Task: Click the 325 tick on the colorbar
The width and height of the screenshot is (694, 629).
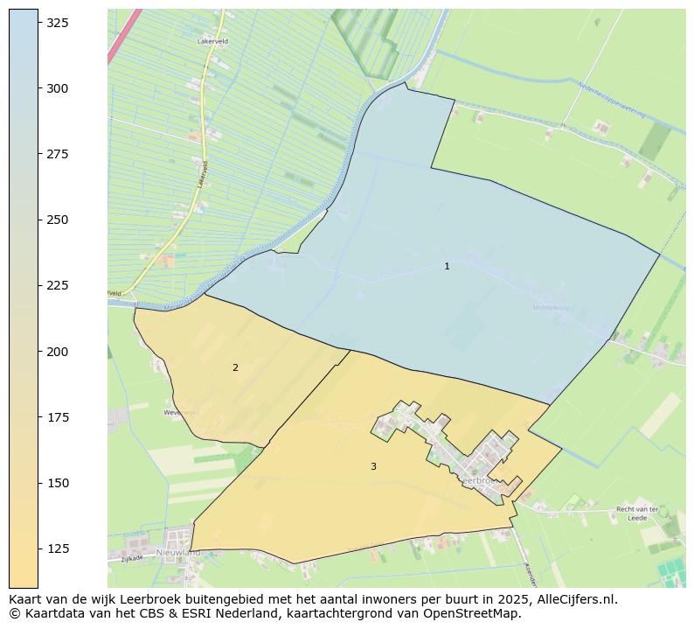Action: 58,23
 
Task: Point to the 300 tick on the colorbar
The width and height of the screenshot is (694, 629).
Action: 58,88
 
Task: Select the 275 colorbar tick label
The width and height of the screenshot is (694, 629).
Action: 58,154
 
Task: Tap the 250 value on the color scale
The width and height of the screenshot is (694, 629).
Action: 58,220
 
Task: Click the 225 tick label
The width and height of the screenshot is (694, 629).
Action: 58,285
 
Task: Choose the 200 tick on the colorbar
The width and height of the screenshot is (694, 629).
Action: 58,351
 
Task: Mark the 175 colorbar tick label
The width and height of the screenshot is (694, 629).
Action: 58,417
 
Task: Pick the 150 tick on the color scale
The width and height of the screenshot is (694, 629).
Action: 58,483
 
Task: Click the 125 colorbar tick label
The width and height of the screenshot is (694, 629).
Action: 58,549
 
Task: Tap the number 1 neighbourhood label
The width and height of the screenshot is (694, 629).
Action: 447,266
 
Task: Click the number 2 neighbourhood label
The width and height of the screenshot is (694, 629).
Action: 235,367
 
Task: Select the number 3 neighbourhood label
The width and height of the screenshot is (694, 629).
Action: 373,466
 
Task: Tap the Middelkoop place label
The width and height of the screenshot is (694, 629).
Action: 551,308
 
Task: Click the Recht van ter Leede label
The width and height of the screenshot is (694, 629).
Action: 636,514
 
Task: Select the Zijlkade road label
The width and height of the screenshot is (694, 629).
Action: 132,557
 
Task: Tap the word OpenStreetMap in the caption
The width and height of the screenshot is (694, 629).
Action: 468,613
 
